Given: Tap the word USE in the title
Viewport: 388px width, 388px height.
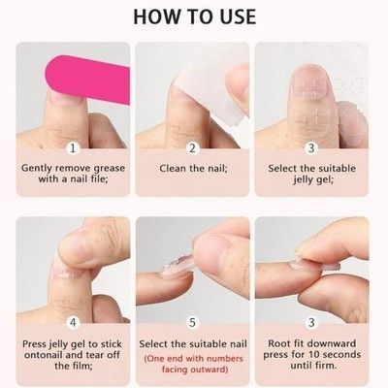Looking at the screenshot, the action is coord(237,16).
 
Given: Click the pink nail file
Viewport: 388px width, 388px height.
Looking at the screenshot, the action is coord(88,79).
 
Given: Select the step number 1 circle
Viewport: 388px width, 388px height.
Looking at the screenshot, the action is coord(73,148).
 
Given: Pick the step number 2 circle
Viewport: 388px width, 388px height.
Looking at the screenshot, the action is coord(192,148).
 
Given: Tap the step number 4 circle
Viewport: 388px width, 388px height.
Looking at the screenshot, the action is coord(73,322).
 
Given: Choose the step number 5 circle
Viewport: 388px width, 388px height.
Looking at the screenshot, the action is coord(192,322).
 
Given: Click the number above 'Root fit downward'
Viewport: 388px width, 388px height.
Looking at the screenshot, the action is coord(311,322).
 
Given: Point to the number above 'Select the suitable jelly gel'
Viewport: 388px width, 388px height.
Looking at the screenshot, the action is coord(311,148).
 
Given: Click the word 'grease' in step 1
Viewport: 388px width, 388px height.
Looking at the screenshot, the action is coord(109,169).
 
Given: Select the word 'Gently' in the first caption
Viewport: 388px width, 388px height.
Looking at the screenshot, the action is coord(37,169).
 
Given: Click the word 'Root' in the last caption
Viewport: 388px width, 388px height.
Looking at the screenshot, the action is coord(279,343).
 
